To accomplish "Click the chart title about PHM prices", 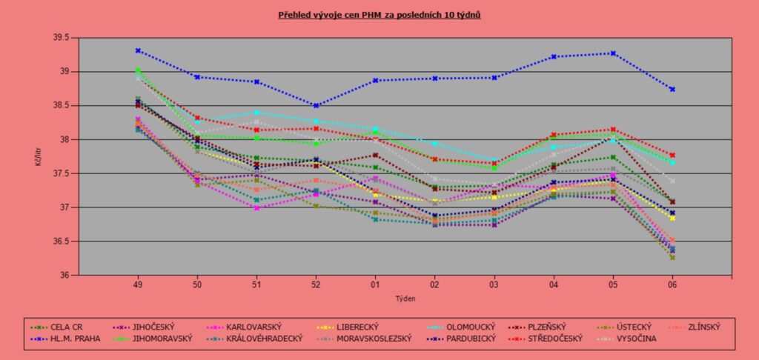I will click(x=379, y=14).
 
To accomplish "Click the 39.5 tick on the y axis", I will click(x=60, y=38).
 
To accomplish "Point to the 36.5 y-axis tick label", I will click(x=60, y=241).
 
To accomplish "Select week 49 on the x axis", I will click(x=138, y=284).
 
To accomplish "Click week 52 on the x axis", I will click(x=316, y=284).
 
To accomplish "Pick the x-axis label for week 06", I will click(x=672, y=284).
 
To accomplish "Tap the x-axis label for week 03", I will click(x=494, y=284).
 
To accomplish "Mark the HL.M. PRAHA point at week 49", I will click(x=138, y=50).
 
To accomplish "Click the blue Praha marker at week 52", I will click(x=316, y=105).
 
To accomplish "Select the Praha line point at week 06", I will click(x=672, y=89).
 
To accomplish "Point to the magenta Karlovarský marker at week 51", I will click(x=256, y=208).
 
